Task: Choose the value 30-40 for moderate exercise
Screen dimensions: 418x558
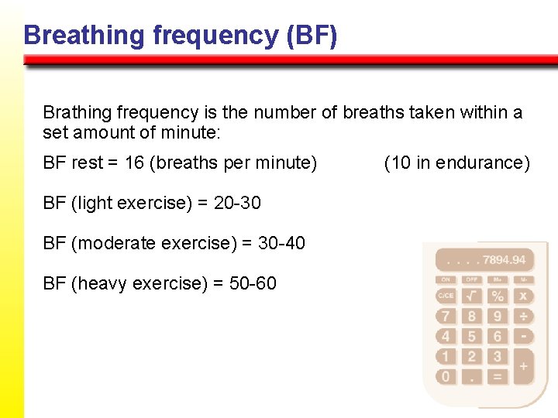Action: click(281, 243)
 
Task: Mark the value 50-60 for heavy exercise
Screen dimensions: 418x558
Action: click(252, 283)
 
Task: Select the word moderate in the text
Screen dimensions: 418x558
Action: click(115, 243)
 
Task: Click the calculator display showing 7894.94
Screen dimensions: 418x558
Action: click(485, 259)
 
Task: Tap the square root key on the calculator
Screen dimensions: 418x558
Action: click(471, 296)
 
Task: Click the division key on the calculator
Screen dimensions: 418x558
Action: click(524, 316)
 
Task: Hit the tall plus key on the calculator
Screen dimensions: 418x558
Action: click(524, 365)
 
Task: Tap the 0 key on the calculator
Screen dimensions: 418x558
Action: click(446, 377)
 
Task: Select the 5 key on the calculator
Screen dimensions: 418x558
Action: click(471, 336)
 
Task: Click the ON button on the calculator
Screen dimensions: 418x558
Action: click(446, 279)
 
